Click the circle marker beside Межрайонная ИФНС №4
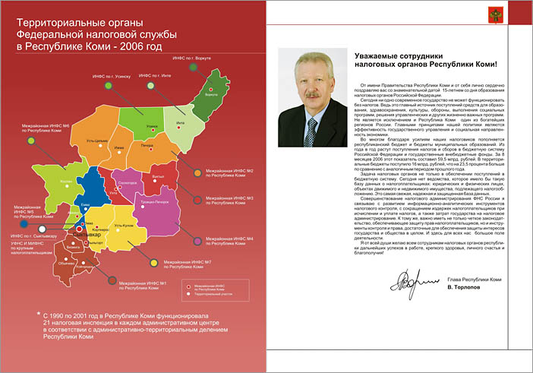coord(197,241)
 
